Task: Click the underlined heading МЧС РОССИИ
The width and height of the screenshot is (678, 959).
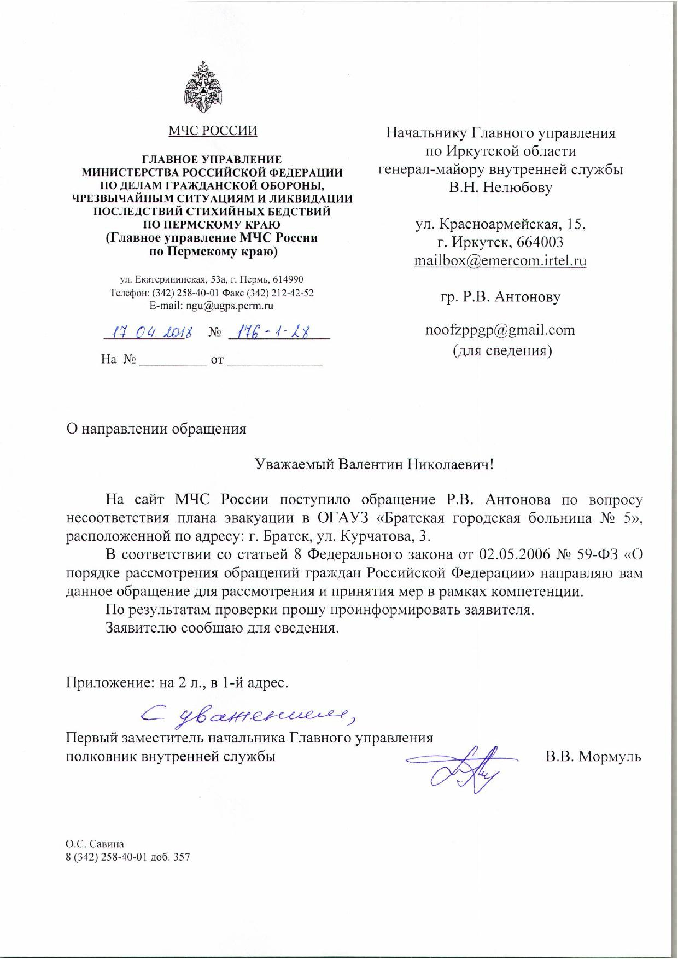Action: click(213, 131)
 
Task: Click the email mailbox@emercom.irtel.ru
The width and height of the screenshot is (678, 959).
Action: click(500, 260)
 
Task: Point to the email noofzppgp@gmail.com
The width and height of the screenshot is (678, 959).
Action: click(500, 330)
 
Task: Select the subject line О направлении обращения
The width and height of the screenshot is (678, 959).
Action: click(156, 429)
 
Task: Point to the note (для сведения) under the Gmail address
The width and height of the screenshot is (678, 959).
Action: click(501, 350)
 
